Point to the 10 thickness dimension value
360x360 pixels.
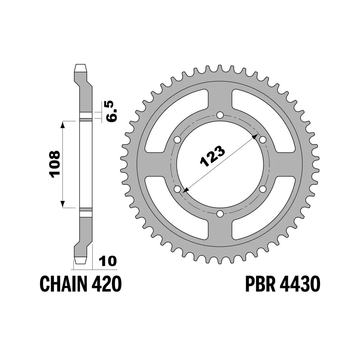coord(108,262)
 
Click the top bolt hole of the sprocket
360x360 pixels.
coord(220,115)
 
